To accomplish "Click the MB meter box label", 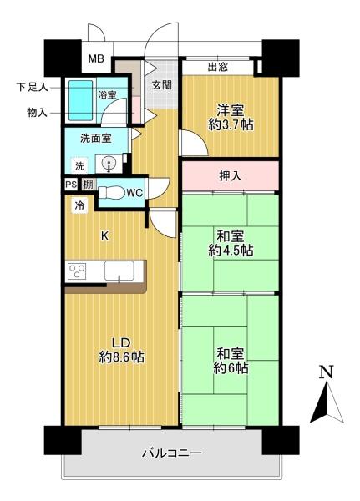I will pos(98,60).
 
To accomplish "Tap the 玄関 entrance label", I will pos(161,84).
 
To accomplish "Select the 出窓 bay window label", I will pos(218,67).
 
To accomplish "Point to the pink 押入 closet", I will pos(230,176).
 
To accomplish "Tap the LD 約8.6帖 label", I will pos(121,348).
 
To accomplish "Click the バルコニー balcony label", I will pos(170,453).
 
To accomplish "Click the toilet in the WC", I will pos(111,193).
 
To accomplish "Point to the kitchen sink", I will pos(117,271).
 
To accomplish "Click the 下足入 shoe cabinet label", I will pos(32,86).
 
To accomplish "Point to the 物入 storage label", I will pos(37,112).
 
